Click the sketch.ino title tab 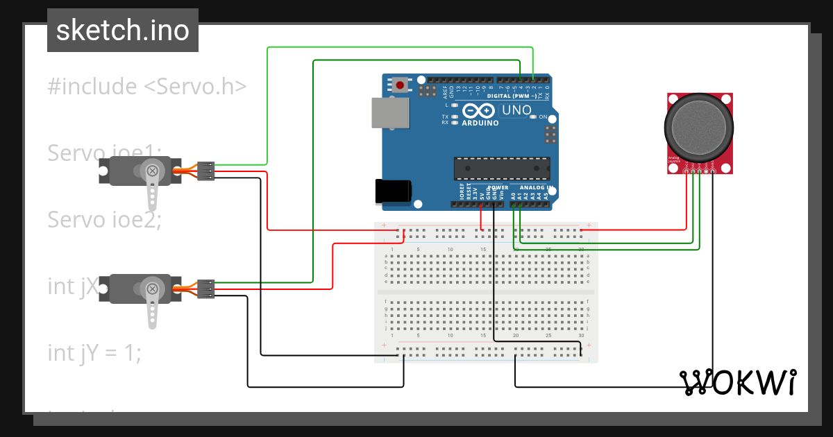click(123, 31)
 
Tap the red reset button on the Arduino click(401, 85)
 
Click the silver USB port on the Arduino click(389, 112)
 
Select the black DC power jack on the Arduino click(393, 192)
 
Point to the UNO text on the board click(516, 110)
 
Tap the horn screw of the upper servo click(152, 171)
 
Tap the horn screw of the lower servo click(152, 288)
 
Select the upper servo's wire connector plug click(205, 171)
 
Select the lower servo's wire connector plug click(205, 288)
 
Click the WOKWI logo click(737, 382)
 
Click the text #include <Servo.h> click(147, 87)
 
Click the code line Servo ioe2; click(104, 219)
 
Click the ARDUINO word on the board click(479, 123)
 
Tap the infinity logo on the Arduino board click(478, 111)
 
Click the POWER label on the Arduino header click(498, 188)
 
